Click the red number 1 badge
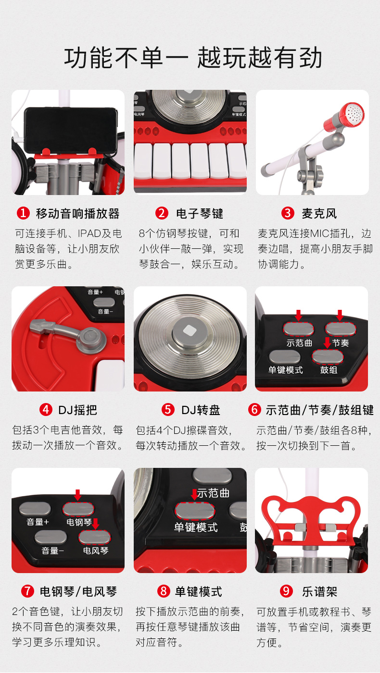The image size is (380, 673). [23, 213]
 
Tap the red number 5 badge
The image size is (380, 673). [168, 409]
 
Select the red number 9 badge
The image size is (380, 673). [286, 591]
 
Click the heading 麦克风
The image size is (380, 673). [319, 213]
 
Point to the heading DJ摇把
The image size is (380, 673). [77, 410]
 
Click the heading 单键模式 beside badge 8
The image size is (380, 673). [199, 592]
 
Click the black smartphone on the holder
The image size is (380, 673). [71, 130]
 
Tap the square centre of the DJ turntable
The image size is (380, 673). [190, 331]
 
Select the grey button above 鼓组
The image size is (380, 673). [328, 357]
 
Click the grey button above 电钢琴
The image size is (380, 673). [78, 509]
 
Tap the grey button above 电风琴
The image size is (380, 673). [94, 537]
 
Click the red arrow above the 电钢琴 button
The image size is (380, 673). [77, 495]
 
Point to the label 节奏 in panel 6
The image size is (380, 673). [340, 343]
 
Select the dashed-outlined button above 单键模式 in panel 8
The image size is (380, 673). [195, 511]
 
